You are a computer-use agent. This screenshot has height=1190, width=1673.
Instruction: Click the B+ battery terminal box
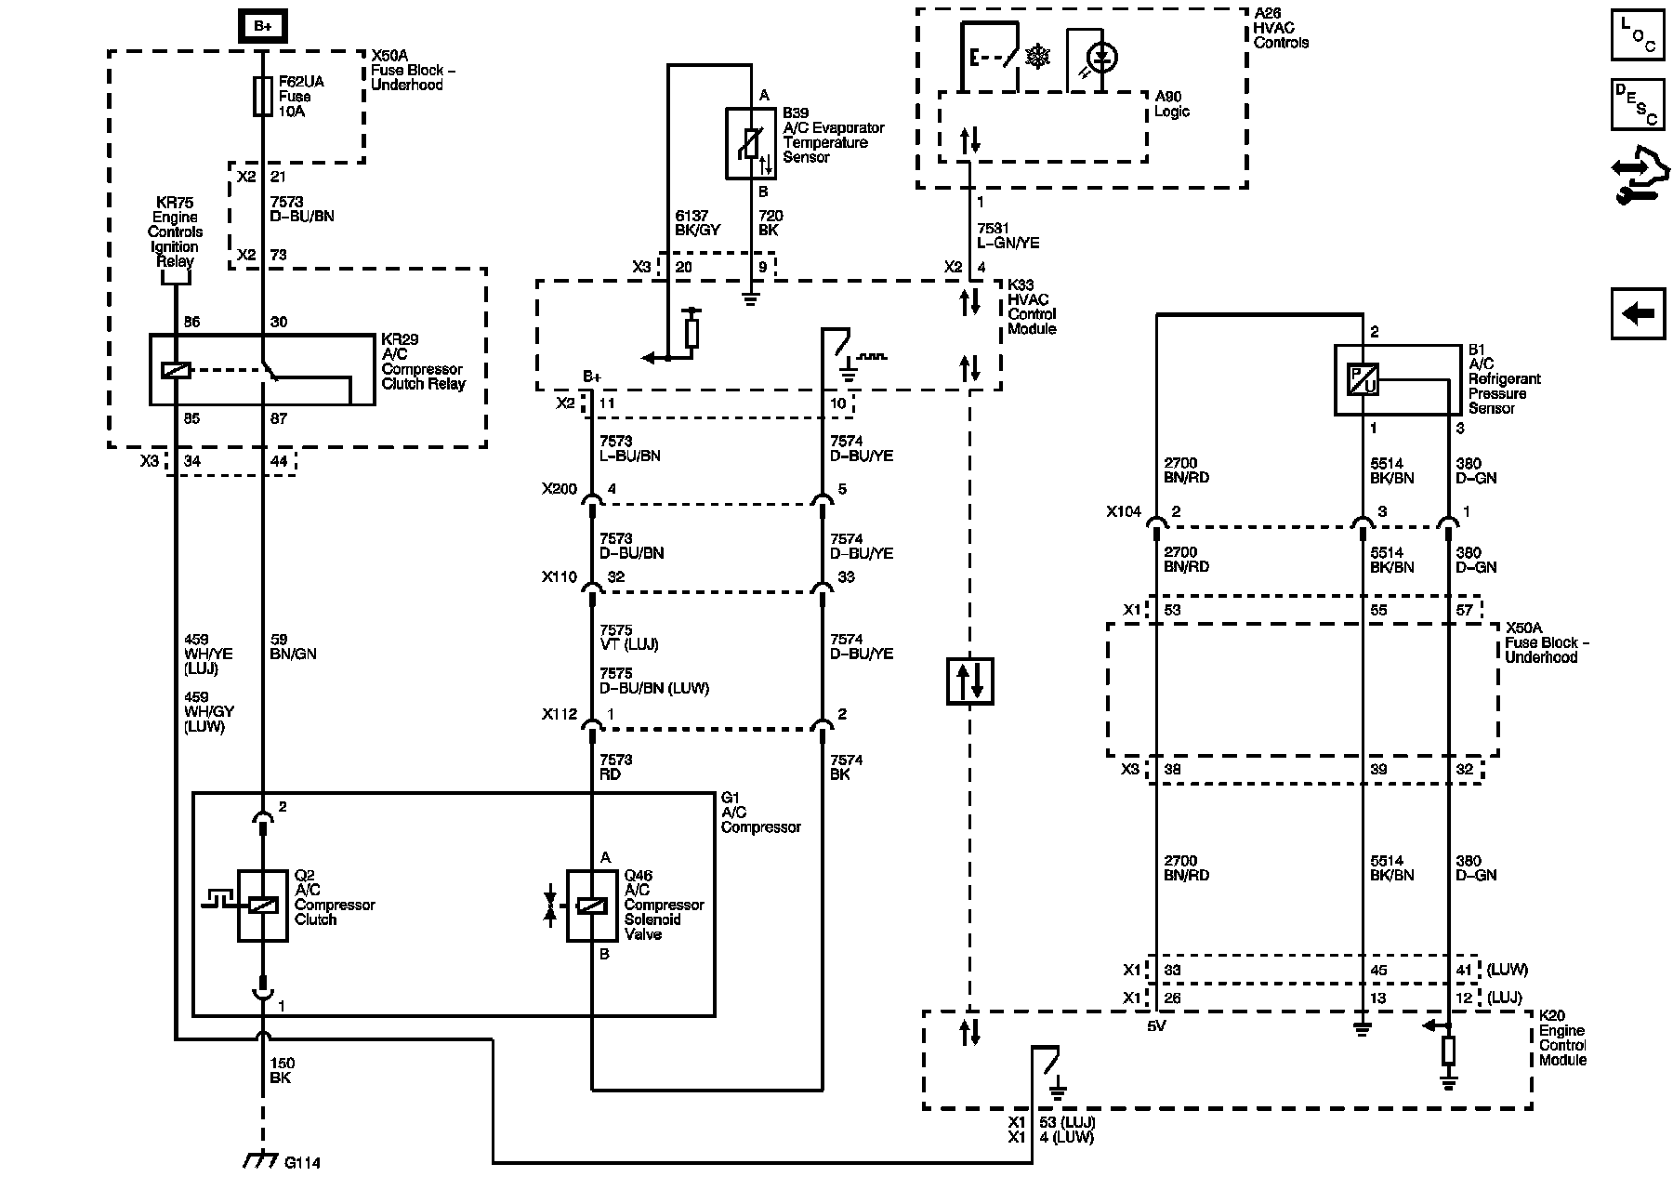[x=263, y=27]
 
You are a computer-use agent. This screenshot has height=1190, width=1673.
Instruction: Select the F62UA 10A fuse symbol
[x=263, y=97]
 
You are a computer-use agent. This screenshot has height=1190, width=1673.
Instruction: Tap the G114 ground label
[x=303, y=1162]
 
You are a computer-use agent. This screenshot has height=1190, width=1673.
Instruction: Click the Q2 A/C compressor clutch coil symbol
[x=263, y=906]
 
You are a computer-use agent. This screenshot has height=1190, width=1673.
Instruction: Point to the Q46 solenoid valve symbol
[x=591, y=906]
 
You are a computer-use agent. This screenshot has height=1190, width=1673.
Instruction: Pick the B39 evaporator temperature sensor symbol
[x=752, y=143]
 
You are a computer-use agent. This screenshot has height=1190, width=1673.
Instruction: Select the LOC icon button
[x=1638, y=36]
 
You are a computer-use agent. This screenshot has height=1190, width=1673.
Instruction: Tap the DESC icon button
[x=1638, y=104]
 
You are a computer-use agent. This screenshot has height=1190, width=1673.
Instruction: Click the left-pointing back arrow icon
[x=1638, y=313]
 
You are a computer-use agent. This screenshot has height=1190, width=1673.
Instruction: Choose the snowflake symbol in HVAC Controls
[x=1037, y=57]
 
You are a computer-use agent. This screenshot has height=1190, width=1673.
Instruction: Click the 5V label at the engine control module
[x=1156, y=1027]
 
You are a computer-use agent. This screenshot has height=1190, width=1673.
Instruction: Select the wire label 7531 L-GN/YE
[x=1008, y=236]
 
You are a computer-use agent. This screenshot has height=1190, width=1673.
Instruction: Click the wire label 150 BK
[x=282, y=1071]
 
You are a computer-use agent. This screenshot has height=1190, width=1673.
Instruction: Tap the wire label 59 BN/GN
[x=293, y=647]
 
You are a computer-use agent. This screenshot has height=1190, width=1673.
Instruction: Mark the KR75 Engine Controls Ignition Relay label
[x=176, y=231]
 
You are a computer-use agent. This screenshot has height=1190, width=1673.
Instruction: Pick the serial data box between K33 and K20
[x=970, y=681]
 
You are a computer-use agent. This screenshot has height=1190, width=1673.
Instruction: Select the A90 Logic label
[x=1172, y=104]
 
